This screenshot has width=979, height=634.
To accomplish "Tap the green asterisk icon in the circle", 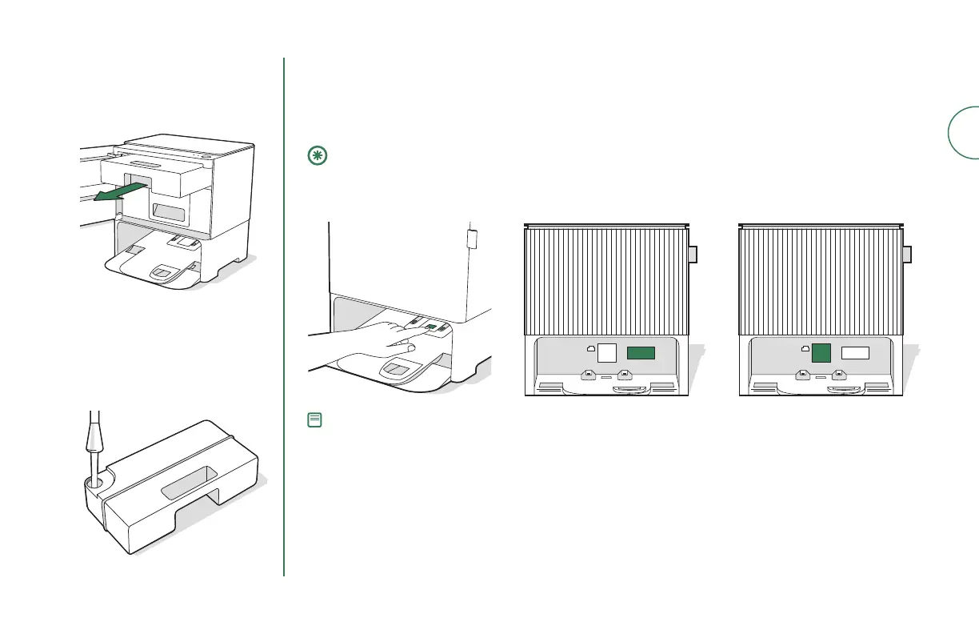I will coord(315,157).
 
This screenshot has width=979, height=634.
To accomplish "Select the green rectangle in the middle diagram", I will coord(641,352).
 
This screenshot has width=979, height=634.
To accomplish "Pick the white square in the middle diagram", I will coord(608,353).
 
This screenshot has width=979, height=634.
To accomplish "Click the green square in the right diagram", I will coord(821,353).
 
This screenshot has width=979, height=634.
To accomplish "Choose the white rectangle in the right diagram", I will coord(855,352).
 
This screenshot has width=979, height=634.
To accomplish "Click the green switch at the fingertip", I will coord(430,327).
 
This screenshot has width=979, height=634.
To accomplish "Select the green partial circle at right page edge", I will coord(964,132).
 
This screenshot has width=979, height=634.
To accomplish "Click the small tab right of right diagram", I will coord(908,255).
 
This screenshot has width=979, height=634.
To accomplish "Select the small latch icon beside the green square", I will coord(805,349).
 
